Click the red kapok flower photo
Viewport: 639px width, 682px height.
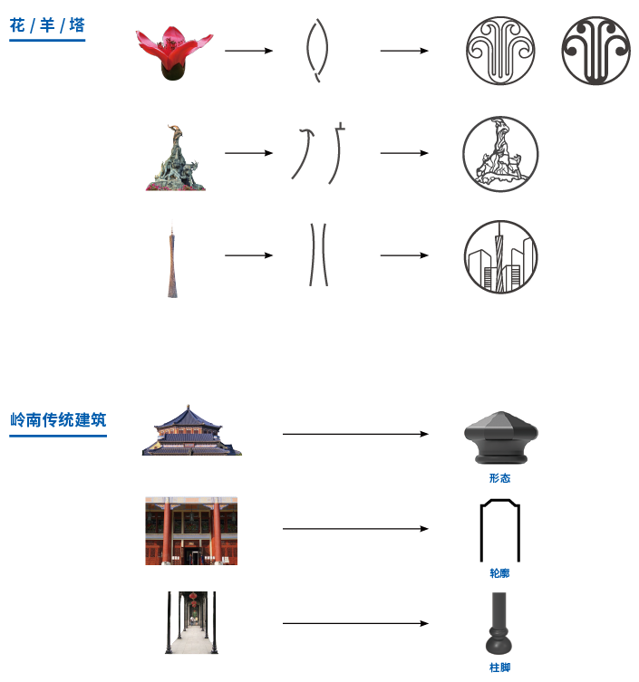coord(174,53)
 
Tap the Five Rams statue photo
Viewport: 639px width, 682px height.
coord(176,158)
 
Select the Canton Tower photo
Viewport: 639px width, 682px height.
coord(172,260)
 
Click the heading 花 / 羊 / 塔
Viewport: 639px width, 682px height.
coord(47,25)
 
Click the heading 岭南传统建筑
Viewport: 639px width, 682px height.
coord(58,420)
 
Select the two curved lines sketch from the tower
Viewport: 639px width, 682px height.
coord(312,255)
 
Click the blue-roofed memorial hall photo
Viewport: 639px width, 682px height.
coord(191,430)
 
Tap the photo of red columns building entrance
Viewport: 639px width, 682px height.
coord(191,531)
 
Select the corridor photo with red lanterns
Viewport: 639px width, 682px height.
coord(191,622)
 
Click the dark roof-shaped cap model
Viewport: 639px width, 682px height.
coord(501,437)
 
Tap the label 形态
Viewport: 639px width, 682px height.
coord(499,478)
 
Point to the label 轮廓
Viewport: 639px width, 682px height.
coord(499,573)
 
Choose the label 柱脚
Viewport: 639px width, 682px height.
coord(499,668)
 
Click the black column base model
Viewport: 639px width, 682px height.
coord(499,623)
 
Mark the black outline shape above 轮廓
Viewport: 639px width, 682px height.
coord(480,531)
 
